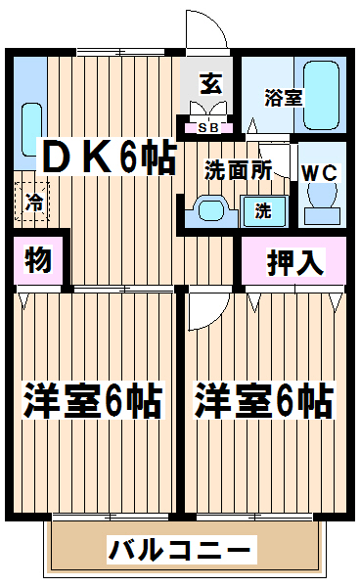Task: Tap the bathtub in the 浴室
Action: click(322, 96)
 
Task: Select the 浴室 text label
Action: click(284, 97)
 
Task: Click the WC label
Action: click(320, 173)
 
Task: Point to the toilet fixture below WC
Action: click(322, 204)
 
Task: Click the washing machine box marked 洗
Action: click(264, 211)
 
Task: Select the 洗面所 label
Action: click(238, 170)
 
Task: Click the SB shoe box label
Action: click(207, 128)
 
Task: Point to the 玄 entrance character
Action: click(210, 84)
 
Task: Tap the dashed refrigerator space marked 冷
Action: click(32, 202)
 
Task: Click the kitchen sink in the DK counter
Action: click(31, 129)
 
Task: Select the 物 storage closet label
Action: click(38, 259)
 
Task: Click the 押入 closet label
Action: click(294, 262)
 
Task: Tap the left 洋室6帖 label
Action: click(93, 400)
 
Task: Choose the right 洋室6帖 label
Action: click(263, 400)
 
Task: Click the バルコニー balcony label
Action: click(180, 550)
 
